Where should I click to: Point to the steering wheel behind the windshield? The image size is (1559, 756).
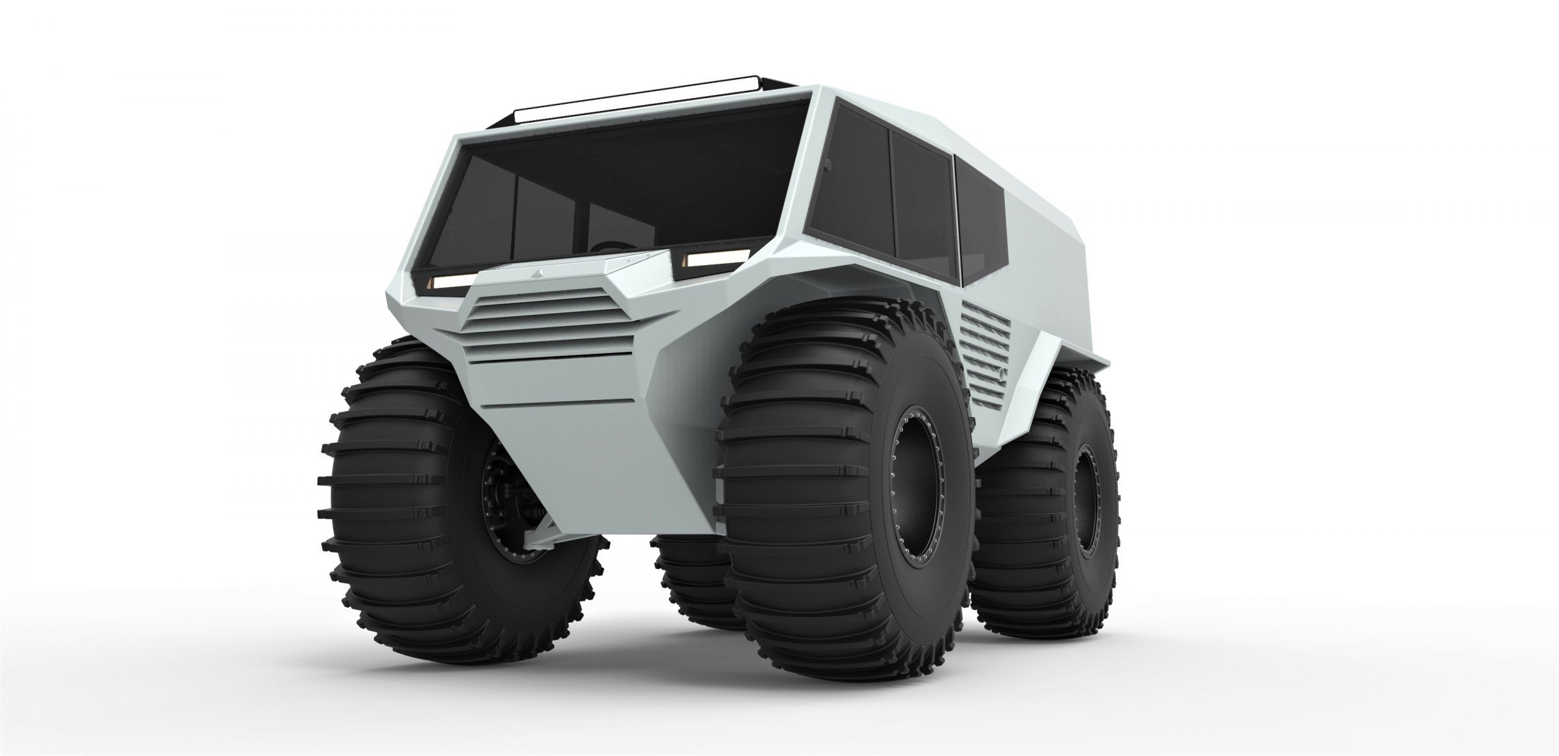611,247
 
